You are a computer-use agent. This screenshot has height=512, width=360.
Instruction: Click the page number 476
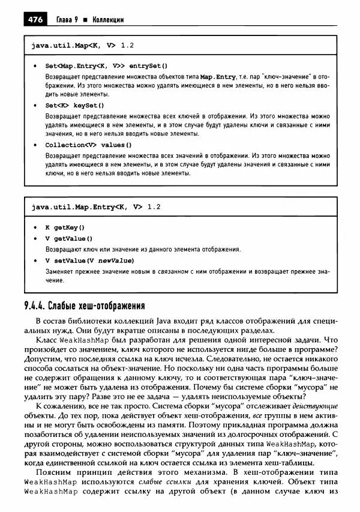[34, 20]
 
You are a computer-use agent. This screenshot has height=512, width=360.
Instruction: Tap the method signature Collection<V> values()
[88, 145]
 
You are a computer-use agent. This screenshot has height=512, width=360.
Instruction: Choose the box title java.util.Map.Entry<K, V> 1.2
[95, 207]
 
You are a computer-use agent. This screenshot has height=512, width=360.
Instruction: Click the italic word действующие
[301, 406]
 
